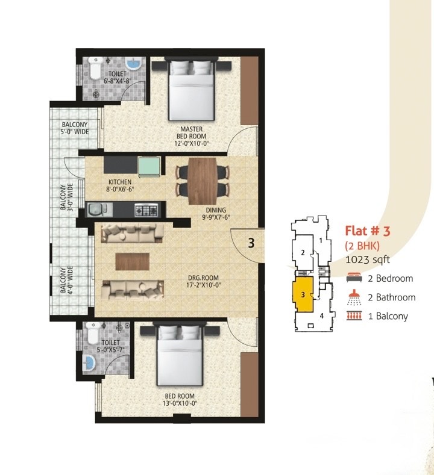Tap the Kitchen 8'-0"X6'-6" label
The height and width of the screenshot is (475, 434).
120,185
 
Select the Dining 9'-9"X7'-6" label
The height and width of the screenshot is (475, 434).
216,214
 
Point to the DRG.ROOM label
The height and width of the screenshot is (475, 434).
203,278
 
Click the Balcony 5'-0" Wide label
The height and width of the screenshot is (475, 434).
75,128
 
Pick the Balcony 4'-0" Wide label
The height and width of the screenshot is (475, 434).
66,280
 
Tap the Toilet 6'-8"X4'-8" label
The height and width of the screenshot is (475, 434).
118,77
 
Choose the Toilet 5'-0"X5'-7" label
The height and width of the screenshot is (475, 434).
110,346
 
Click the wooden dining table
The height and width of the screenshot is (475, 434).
203,181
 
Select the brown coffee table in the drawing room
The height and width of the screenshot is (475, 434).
133,261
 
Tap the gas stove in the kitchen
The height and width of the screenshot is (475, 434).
146,210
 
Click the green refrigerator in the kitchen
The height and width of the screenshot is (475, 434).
149,167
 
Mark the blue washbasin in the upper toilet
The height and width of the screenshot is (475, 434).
133,64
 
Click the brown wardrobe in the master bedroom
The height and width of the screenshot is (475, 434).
250,90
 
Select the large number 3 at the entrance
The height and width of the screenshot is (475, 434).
251,243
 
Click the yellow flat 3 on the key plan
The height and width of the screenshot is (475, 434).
303,294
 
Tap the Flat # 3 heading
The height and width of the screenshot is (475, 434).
368,231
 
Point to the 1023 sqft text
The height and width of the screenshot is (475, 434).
368,259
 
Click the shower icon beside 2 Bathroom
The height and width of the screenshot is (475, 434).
354,297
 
